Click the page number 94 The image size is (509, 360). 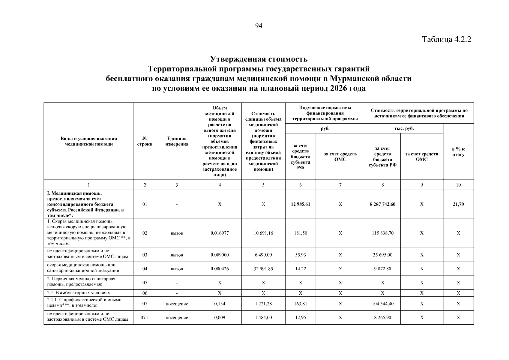(x=259, y=26)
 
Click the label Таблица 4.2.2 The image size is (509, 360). (x=447, y=40)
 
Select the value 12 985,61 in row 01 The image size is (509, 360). (x=300, y=204)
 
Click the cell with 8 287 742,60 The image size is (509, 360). (x=382, y=204)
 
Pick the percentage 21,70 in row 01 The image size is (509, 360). (x=458, y=204)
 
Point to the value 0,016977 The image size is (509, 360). (x=220, y=233)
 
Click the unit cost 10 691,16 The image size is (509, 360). (x=263, y=233)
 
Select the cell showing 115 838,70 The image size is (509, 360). (x=382, y=233)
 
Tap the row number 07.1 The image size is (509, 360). (x=145, y=318)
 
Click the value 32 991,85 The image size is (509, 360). (x=263, y=269)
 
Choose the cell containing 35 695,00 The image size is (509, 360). (x=382, y=255)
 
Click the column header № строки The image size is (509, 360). (x=145, y=141)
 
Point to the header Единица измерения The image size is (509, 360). (x=177, y=141)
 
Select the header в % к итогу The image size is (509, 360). (x=458, y=152)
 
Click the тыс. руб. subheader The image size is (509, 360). (x=404, y=128)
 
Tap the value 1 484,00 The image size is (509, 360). (x=263, y=318)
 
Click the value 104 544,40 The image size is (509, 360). (x=382, y=304)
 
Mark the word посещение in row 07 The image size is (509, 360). (x=177, y=304)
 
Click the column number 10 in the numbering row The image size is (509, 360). (x=458, y=185)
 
